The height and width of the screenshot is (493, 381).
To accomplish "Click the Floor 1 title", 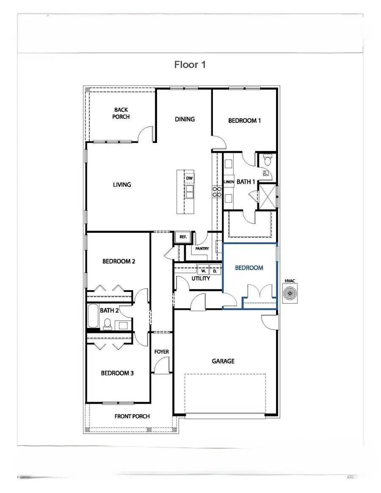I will [x=190, y=65].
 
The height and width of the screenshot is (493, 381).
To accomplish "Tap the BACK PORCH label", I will [x=121, y=113].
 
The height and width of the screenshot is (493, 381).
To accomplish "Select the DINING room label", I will [x=185, y=119].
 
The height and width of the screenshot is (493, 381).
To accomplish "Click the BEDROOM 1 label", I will [x=244, y=121].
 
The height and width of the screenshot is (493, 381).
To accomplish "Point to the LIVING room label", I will [x=122, y=185].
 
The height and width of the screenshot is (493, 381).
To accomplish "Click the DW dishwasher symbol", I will [x=189, y=178].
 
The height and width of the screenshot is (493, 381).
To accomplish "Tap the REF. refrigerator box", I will [x=183, y=237].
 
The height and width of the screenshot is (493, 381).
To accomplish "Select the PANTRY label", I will [x=202, y=248].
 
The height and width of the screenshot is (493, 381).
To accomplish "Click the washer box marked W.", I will [x=203, y=270].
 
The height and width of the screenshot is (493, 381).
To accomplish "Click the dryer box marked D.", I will [x=215, y=270].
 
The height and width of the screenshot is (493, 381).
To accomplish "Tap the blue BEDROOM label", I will [x=249, y=268].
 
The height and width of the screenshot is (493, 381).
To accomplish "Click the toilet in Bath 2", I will [x=108, y=324].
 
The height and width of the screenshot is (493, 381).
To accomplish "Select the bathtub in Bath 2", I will [x=93, y=317].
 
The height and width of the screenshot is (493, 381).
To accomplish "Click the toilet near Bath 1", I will [x=267, y=160].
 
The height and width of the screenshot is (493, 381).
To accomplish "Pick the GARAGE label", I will [x=223, y=361].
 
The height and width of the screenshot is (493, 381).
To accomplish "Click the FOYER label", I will [x=161, y=352].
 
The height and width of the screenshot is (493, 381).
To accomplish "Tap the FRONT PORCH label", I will [x=132, y=416].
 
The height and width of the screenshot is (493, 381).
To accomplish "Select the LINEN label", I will [x=229, y=182].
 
